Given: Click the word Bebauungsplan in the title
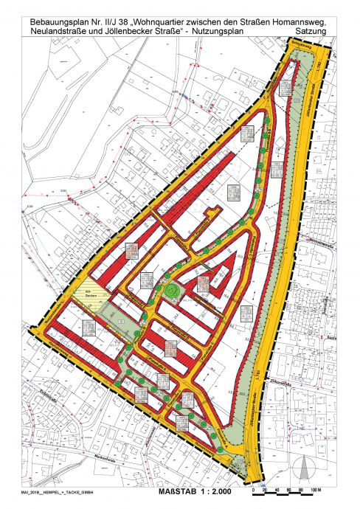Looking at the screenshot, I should (x=56, y=9).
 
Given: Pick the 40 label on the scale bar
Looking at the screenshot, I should (x=274, y=489).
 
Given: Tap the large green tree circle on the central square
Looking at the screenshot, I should (x=172, y=291).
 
